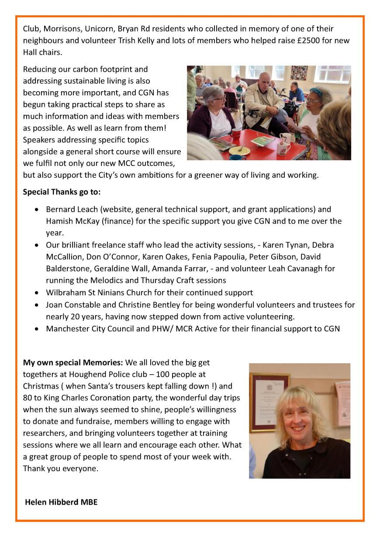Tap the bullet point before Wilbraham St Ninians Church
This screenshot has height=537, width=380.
(x=37, y=293)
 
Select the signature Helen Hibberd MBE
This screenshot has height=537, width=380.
(x=61, y=502)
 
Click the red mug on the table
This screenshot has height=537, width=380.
(x=236, y=134)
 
